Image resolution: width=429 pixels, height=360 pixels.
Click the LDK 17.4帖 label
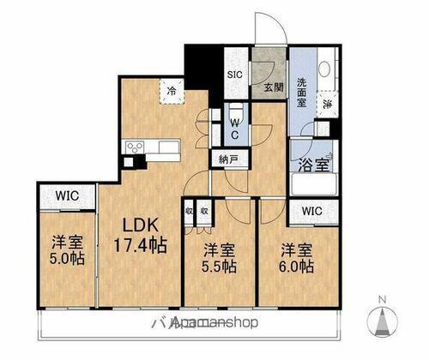tap(138, 233)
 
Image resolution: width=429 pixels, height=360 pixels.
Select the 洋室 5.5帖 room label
tap(219, 260)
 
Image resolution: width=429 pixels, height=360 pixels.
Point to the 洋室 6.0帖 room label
tap(295, 260)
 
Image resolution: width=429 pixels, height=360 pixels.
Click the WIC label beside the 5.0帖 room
tap(68, 196)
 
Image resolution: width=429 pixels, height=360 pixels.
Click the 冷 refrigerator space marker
tap(172, 90)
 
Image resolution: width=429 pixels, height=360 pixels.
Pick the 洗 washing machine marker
tap(328, 105)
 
